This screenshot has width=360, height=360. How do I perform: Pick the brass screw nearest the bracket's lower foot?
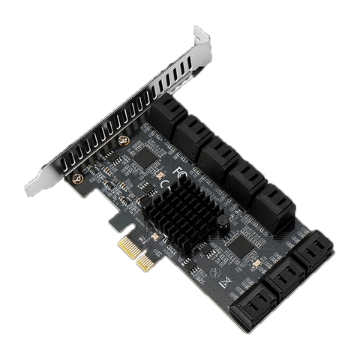tap(77, 178)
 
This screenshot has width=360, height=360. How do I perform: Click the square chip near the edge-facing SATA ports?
tap(241, 241)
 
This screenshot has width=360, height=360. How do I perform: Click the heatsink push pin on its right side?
tap(223, 222)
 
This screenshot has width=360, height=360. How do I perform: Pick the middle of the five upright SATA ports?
tap(220, 156)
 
